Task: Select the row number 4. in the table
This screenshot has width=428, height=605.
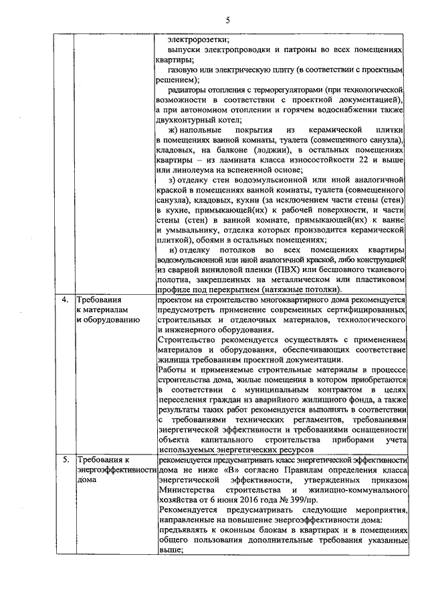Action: (x=65, y=300)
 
